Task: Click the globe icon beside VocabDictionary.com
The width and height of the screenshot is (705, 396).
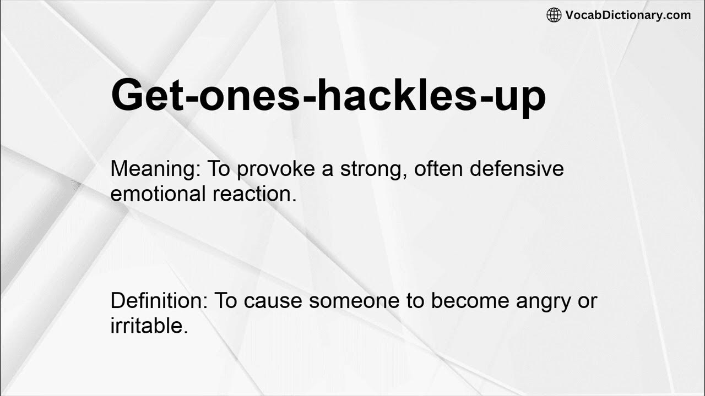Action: (x=554, y=15)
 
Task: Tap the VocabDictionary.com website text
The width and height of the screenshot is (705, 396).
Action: (x=628, y=15)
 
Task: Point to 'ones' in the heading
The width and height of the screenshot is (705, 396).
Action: (x=242, y=96)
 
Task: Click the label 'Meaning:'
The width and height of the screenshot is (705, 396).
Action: (x=155, y=169)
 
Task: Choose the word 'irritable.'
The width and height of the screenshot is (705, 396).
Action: (x=149, y=326)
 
